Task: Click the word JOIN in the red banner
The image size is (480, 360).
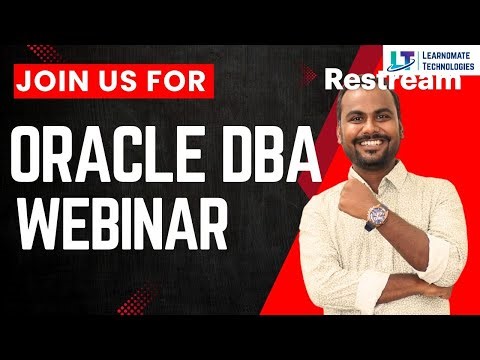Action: tap(58, 79)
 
